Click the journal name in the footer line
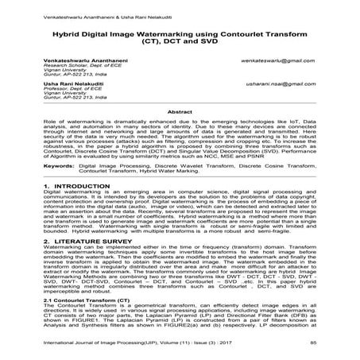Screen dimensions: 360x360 (135, 342)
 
